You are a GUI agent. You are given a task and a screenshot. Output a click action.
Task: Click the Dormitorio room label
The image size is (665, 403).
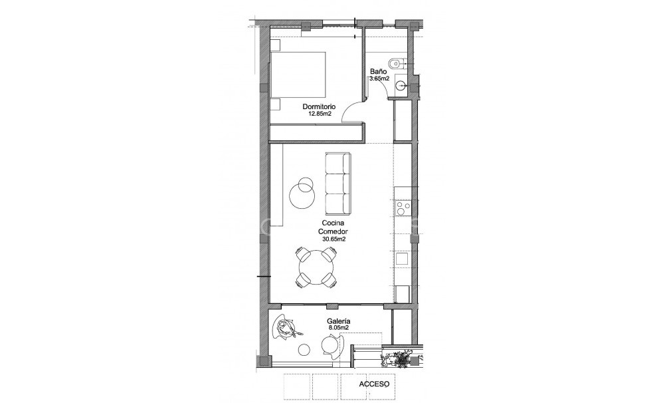tap(319, 106)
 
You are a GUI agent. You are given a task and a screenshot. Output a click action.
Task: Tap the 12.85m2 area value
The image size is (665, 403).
tap(319, 114)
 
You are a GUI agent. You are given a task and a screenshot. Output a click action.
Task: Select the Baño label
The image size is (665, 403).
tap(378, 71)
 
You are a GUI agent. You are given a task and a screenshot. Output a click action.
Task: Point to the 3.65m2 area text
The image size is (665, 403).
tap(379, 78)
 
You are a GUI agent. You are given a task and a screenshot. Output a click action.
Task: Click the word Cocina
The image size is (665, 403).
tap(332, 224)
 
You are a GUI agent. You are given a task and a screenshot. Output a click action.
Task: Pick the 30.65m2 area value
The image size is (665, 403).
tap(333, 239)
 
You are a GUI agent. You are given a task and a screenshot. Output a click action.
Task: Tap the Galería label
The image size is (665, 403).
tap(339, 321)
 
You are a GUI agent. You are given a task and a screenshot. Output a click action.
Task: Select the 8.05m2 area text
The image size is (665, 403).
tap(339, 328)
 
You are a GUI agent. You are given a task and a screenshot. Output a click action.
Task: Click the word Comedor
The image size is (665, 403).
tap(332, 231)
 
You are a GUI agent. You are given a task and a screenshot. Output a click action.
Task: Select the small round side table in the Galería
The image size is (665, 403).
tap(304, 349)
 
